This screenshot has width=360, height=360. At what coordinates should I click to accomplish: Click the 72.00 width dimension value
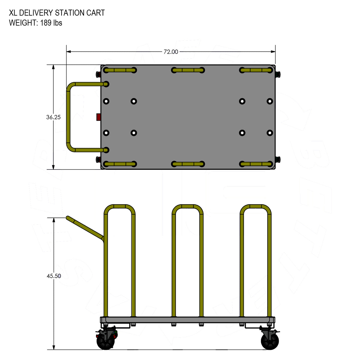[171, 52]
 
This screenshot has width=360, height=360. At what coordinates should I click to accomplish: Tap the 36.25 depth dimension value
[53, 117]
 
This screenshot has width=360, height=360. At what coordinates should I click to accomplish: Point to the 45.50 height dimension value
[54, 276]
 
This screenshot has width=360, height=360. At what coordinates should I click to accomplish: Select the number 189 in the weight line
[46, 23]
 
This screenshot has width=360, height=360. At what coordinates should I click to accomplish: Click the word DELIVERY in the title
[37, 13]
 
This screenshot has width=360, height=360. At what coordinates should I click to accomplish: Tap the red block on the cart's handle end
[98, 117]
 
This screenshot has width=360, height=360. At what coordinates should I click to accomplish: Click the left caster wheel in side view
[105, 341]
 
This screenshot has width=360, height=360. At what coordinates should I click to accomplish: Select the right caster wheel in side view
[270, 341]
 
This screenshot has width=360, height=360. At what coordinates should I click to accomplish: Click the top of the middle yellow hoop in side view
[187, 206]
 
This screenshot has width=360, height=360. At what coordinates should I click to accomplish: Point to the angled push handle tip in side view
[68, 217]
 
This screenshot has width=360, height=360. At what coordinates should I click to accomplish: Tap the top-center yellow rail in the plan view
[188, 70]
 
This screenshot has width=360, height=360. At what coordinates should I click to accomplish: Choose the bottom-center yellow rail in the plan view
[188, 164]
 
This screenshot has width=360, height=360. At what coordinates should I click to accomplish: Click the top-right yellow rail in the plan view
[256, 70]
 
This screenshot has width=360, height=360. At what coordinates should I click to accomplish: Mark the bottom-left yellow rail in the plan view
[120, 164]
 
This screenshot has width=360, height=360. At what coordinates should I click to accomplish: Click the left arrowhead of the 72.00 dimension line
[69, 52]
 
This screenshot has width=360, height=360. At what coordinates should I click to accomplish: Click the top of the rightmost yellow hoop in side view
[256, 206]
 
